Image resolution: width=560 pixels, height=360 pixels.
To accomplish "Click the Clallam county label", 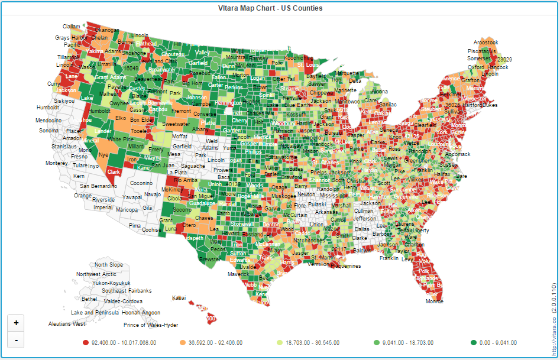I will pyautogui.click(x=72, y=27).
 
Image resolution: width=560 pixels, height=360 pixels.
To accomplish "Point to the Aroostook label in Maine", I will pyautogui.click(x=485, y=43).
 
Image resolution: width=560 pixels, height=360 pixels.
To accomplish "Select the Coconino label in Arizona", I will pyautogui.click(x=141, y=183).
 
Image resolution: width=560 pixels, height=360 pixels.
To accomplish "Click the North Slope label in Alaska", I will pyautogui.click(x=109, y=265).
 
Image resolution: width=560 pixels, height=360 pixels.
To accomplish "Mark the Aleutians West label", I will pyautogui.click(x=67, y=324).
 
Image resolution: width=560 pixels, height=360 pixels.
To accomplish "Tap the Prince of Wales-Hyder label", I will pyautogui.click(x=151, y=325).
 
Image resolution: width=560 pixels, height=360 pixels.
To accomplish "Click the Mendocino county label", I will pyautogui.click(x=48, y=121).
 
